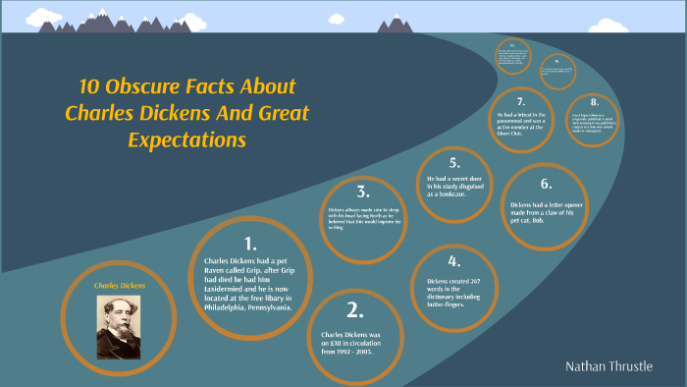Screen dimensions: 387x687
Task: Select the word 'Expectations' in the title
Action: click(x=186, y=139)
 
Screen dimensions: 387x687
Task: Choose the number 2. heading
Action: click(x=355, y=310)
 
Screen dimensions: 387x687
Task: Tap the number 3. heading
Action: click(x=362, y=192)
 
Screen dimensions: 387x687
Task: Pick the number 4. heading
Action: click(x=453, y=261)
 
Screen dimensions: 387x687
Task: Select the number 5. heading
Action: click(x=453, y=162)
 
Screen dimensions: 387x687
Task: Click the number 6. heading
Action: click(x=547, y=184)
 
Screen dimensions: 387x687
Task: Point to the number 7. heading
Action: click(x=521, y=101)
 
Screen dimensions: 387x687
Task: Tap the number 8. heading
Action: click(x=594, y=102)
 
